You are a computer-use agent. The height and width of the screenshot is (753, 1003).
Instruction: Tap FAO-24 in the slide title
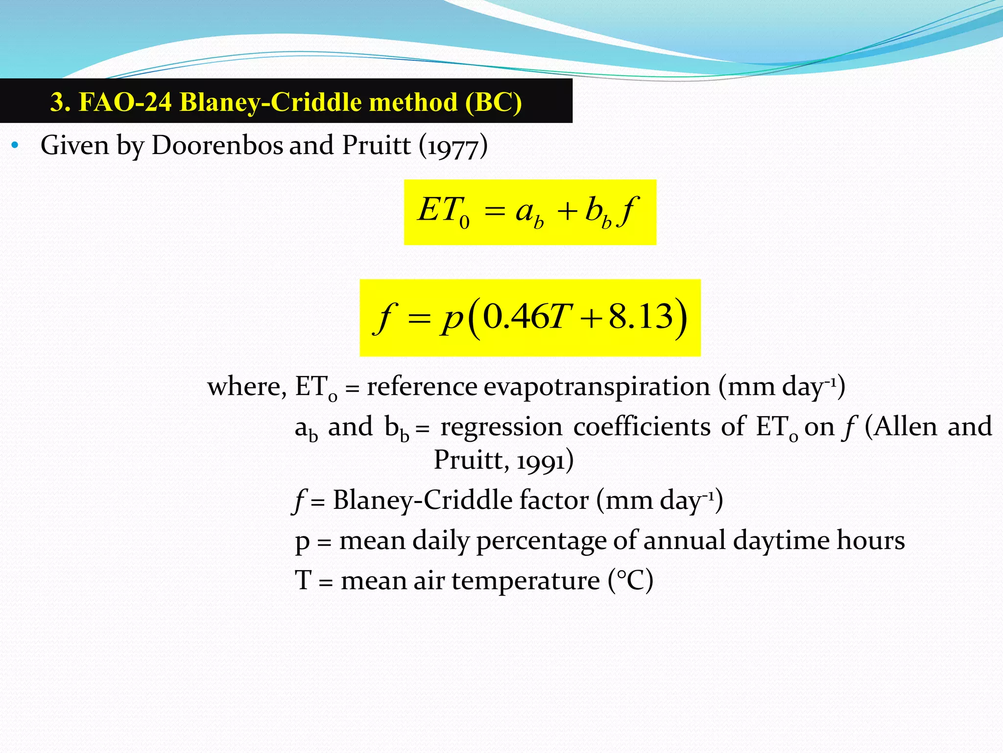point(125,102)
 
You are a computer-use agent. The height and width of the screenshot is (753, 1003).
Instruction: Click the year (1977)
point(453,146)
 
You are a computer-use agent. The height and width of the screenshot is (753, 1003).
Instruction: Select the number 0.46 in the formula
point(515,316)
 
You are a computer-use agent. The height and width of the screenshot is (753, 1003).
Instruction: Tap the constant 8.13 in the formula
point(641,316)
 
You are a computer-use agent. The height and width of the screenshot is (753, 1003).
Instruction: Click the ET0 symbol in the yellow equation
point(444,211)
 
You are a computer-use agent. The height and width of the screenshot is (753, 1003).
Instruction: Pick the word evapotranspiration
point(597,386)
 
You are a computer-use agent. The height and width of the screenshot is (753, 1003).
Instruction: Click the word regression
point(501,427)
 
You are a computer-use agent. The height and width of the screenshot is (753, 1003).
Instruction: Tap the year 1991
point(539,461)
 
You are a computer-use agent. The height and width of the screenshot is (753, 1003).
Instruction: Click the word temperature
point(525,581)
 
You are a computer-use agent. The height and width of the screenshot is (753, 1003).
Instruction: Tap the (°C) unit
point(630,580)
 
